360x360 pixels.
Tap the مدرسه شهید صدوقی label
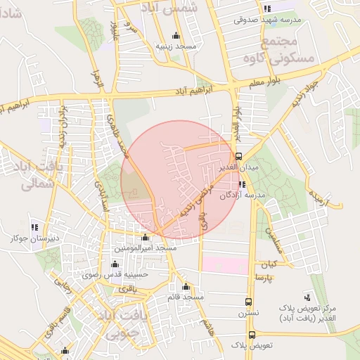click(x=268, y=20)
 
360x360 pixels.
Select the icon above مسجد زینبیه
click(x=175, y=37)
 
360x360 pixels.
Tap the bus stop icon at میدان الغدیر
click(x=238, y=156)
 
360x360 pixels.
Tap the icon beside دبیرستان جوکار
click(x=34, y=227)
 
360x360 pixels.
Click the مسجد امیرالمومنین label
click(x=146, y=249)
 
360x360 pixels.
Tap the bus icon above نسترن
click(x=247, y=301)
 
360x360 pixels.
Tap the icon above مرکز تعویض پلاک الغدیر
click(x=307, y=297)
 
